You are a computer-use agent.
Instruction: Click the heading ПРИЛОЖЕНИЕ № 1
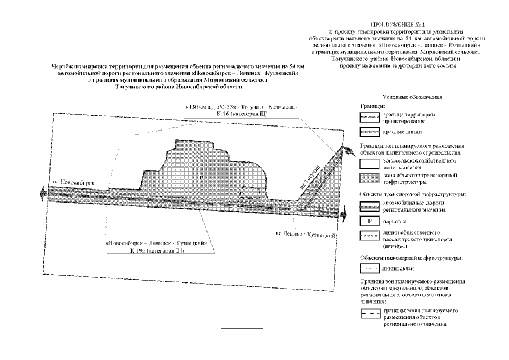(400, 26)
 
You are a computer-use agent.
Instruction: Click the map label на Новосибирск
(73, 184)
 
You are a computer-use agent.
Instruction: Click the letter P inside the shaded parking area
(201, 178)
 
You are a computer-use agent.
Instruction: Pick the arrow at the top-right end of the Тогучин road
(341, 147)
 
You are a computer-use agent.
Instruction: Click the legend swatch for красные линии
(370, 133)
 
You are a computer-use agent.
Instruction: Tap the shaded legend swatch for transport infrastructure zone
(370, 179)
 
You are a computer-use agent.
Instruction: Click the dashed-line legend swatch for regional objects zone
(370, 314)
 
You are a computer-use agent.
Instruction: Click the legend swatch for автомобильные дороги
(370, 205)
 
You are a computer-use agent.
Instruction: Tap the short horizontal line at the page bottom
(241, 328)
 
